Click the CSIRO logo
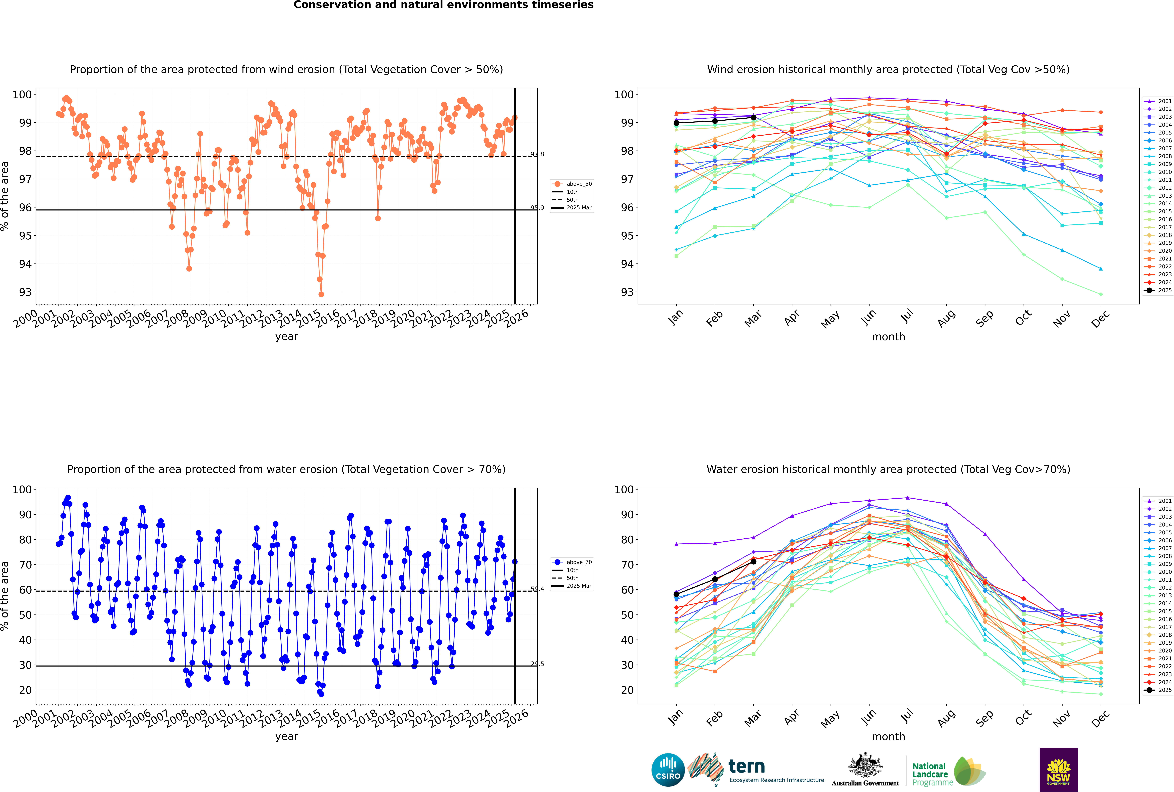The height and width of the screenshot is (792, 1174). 668,770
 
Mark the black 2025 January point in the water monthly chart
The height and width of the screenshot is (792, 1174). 676,595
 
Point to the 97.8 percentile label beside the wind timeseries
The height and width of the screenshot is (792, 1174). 537,154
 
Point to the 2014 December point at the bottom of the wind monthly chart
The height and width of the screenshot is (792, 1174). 1101,294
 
